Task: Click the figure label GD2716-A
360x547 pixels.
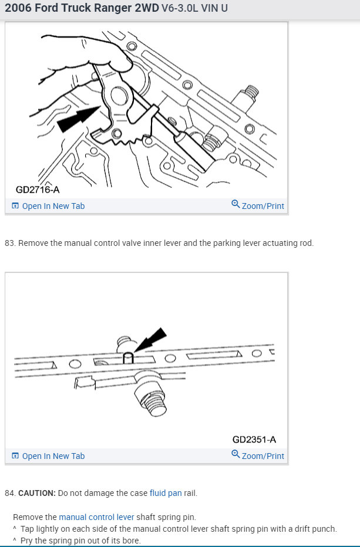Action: pos(38,190)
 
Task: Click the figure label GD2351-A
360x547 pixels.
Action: pos(254,440)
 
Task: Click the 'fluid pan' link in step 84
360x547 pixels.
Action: pos(166,493)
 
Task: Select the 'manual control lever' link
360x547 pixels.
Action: pos(96,517)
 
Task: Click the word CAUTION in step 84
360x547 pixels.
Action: pos(37,493)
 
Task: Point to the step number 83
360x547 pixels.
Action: pos(9,243)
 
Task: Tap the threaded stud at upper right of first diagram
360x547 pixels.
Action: pos(248,97)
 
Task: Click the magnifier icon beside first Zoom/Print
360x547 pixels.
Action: pos(235,204)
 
